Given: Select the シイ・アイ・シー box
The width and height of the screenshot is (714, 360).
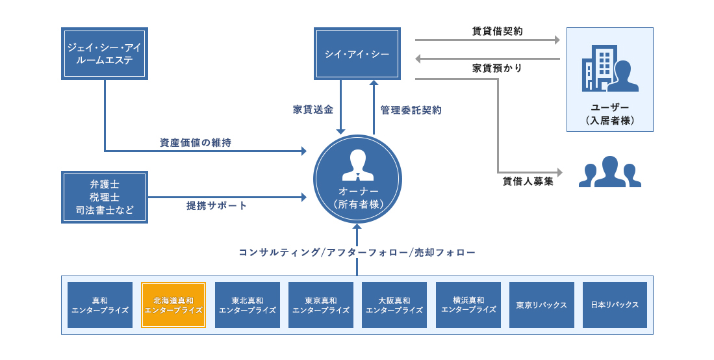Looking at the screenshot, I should [x=357, y=54].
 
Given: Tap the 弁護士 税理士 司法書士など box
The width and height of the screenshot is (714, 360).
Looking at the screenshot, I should [x=105, y=197].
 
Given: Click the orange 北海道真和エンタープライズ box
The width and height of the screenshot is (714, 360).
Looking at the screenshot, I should [x=173, y=305].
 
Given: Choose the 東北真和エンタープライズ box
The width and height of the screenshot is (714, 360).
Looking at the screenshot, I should [x=248, y=305].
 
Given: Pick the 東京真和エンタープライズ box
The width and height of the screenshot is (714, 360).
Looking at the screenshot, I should [x=321, y=305].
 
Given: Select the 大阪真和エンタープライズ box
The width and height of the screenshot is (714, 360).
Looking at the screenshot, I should [x=394, y=305].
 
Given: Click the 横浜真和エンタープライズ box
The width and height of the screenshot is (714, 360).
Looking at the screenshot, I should [x=468, y=305].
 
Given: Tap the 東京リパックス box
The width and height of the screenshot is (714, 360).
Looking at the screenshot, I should [x=542, y=305].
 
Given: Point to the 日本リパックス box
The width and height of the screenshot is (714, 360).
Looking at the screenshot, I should [x=615, y=305].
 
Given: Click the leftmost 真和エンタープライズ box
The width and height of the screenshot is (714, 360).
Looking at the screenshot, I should [x=100, y=305].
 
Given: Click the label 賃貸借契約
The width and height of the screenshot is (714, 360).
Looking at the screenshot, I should [x=497, y=31].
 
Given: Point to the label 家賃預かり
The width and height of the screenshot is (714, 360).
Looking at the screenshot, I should [x=497, y=68].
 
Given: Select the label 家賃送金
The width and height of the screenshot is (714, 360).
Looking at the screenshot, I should [x=313, y=110].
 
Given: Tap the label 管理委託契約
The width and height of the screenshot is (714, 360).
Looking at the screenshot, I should [x=411, y=110].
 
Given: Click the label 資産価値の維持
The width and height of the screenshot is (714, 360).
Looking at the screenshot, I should [x=196, y=142].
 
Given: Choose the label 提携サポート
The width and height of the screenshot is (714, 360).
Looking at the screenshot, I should [x=217, y=205].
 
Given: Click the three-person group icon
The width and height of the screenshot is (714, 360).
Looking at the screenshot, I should [x=609, y=172].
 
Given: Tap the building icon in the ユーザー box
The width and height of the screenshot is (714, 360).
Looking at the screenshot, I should [x=598, y=67].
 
